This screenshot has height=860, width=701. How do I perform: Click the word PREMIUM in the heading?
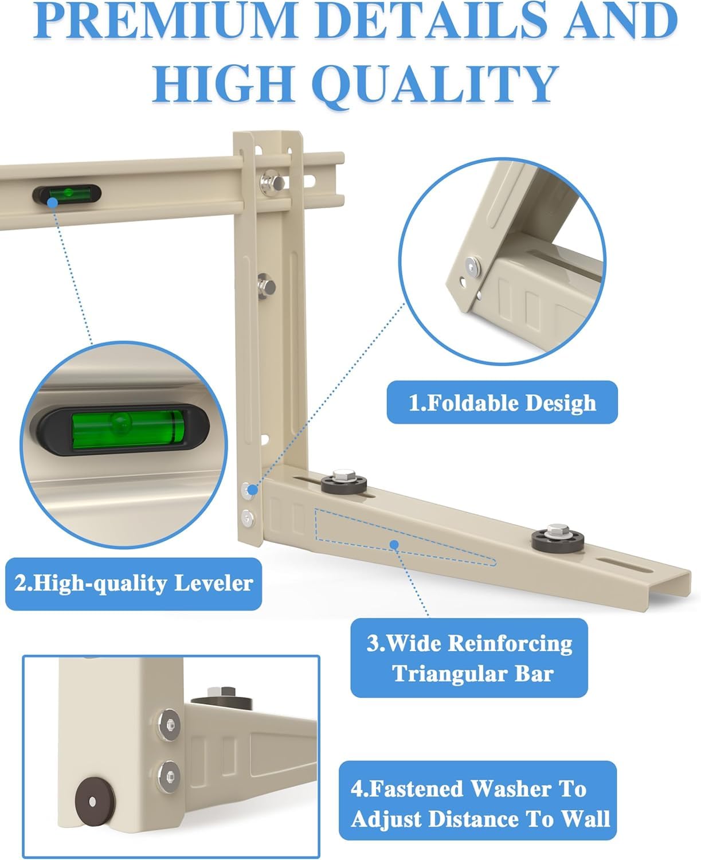[x=166, y=21]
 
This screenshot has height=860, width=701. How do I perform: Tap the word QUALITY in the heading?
[x=436, y=84]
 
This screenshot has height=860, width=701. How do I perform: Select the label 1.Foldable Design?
[x=502, y=402]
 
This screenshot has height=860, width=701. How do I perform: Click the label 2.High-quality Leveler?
[x=134, y=584]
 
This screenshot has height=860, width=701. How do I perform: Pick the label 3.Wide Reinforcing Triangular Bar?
[x=469, y=658]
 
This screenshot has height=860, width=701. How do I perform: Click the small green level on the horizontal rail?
[x=67, y=195]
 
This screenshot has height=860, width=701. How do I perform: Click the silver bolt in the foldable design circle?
[x=473, y=267]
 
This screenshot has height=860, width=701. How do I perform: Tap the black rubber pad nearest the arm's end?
[x=558, y=539]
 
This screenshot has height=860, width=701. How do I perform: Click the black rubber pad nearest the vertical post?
[x=344, y=482]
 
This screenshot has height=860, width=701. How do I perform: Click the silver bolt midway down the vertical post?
[x=267, y=286]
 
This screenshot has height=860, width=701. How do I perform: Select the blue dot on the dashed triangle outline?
[x=394, y=545]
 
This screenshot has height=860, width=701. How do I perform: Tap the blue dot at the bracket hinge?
[x=253, y=490]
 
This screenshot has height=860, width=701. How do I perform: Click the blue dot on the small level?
[x=53, y=202]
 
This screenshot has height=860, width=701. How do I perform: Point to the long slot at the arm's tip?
[x=624, y=565]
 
